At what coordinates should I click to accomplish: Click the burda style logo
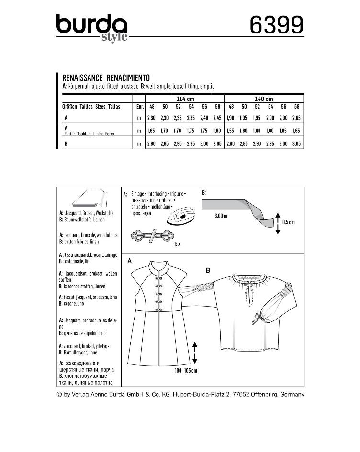click(x=91, y=27)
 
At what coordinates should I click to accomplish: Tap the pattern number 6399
click(x=277, y=24)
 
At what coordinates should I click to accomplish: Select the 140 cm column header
click(x=264, y=99)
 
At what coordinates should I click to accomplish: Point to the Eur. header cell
click(x=140, y=107)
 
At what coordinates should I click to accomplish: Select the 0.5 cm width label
click(x=289, y=222)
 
